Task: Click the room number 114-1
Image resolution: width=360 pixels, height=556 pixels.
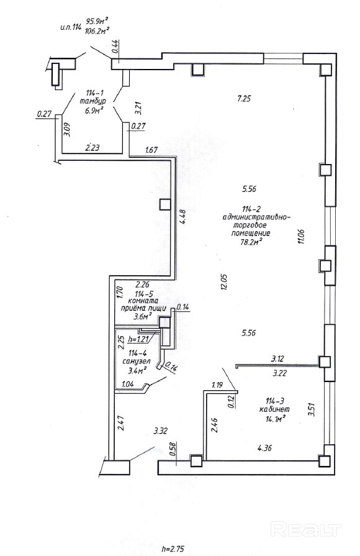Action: coord(94,93)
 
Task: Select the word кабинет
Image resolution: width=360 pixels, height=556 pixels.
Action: coord(274,409)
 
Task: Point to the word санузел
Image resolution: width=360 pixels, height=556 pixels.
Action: coord(137,362)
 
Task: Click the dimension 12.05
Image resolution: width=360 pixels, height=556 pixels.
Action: coord(223,282)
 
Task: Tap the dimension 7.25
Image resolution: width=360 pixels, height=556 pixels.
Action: coord(244,99)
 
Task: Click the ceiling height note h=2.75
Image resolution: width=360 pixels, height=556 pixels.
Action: coord(173,549)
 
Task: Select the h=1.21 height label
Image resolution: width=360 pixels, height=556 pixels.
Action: coord(139,339)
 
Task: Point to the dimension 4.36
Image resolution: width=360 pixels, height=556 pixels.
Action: coord(264,448)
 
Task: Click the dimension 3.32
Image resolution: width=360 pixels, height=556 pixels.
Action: coord(160,431)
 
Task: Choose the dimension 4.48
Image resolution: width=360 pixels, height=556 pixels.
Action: coord(182,217)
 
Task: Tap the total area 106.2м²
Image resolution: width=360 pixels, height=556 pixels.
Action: coord(96,31)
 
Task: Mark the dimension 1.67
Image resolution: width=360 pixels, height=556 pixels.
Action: coord(151,150)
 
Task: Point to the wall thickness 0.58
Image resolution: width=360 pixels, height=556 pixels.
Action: coord(173,449)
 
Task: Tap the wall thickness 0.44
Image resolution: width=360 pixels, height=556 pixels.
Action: coord(116,47)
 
